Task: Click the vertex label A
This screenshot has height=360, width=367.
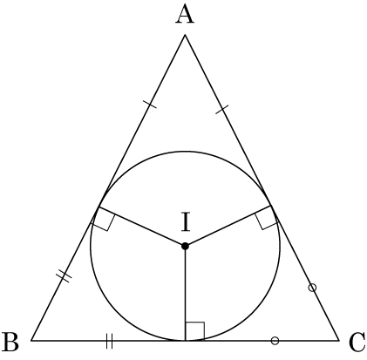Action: [x=185, y=14]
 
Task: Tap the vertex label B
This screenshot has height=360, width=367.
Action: [x=10, y=342]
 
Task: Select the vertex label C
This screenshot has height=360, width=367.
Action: [x=357, y=343]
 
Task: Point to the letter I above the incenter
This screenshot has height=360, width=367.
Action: [x=186, y=221]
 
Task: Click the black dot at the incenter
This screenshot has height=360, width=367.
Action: [x=185, y=246]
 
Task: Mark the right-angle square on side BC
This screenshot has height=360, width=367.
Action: [x=194, y=331]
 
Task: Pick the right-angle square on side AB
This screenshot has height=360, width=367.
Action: [x=103, y=219]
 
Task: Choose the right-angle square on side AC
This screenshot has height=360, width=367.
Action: [x=267, y=218]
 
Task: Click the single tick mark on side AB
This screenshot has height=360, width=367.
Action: [x=150, y=104]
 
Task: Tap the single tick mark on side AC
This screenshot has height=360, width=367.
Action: [x=221, y=109]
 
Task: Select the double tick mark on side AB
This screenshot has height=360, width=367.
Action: [x=64, y=275]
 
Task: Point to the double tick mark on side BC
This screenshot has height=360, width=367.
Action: [x=109, y=341]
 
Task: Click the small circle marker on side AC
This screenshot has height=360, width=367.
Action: [x=312, y=288]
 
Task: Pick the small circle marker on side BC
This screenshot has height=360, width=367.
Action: [x=275, y=341]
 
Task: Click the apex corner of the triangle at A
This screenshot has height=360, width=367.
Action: [x=185, y=35]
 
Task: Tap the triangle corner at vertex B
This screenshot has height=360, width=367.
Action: [x=31, y=340]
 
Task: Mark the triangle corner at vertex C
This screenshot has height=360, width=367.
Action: [x=339, y=340]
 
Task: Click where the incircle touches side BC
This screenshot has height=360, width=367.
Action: [x=185, y=340]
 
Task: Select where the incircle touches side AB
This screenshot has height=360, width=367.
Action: [x=99, y=207]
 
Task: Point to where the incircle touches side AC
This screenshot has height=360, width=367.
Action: [x=271, y=206]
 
